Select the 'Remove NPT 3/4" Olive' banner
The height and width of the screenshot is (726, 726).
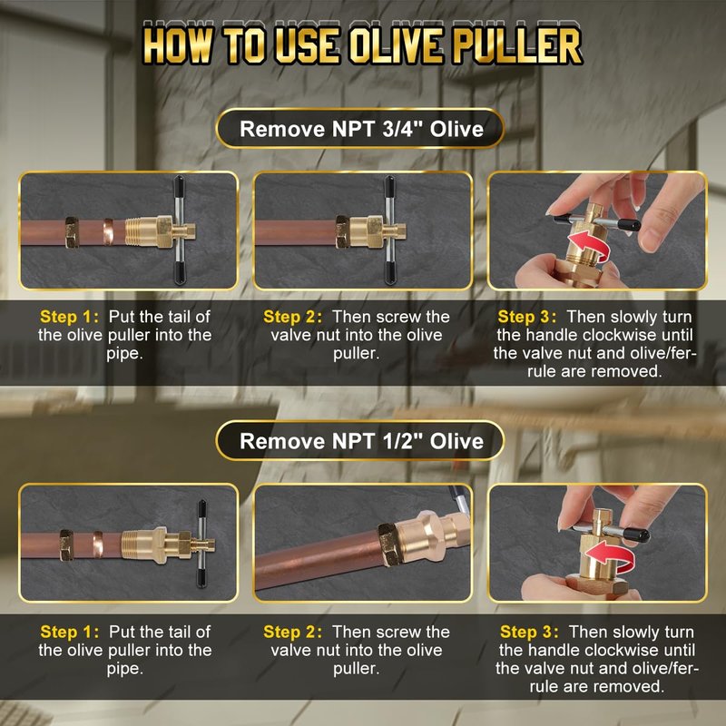click(x=360, y=129)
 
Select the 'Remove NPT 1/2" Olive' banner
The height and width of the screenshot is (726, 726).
click(x=360, y=441)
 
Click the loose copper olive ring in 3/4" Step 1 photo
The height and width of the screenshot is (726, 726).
click(x=108, y=231)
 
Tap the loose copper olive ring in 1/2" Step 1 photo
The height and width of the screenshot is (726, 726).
click(x=98, y=544)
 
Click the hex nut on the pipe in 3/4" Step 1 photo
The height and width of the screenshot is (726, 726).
click(x=73, y=232)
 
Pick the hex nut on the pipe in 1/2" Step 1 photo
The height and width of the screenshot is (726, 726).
click(x=66, y=545)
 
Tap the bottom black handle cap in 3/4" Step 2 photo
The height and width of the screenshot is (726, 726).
click(x=389, y=274)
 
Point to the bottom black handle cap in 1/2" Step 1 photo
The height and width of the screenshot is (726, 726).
click(x=201, y=577)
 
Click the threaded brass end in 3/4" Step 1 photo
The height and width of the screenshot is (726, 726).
click(x=139, y=232)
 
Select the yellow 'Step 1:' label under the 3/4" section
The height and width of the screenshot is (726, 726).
click(x=70, y=317)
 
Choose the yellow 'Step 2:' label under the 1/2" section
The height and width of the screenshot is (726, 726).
click(x=292, y=632)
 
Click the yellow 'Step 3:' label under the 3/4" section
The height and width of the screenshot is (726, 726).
click(x=527, y=317)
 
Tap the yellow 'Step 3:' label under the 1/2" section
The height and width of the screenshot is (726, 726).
click(x=529, y=632)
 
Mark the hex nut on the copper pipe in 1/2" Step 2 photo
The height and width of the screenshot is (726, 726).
click(x=390, y=544)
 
